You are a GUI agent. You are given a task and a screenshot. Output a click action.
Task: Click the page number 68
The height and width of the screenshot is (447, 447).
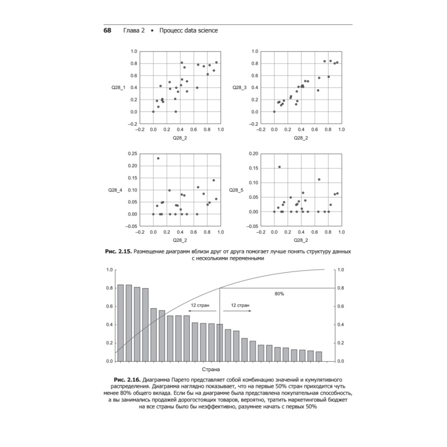pos(107,30)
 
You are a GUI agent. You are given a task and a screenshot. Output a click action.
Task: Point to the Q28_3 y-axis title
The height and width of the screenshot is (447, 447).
pos(239,87)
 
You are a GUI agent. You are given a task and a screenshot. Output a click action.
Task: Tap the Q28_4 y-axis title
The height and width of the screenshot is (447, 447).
pos(115,190)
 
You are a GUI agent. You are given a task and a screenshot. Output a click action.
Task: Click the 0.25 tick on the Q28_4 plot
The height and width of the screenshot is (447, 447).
pos(132,153)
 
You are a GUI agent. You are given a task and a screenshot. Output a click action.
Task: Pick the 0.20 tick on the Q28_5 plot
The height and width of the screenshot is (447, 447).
pos(253,153)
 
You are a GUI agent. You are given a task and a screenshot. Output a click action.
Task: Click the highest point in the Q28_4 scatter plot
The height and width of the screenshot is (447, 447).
pos(158,158)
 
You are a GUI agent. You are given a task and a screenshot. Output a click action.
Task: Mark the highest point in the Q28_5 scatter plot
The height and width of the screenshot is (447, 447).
pos(279,167)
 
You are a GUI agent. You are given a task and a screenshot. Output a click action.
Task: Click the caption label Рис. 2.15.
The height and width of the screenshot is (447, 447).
pos(117,252)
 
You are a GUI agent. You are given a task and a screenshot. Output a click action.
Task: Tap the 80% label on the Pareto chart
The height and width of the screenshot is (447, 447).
pos(279,294)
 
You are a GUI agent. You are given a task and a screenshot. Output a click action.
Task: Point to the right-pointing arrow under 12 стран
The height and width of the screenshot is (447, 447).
pos(241,311)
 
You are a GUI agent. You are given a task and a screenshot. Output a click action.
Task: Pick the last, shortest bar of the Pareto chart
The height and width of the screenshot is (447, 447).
pos(319,356)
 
